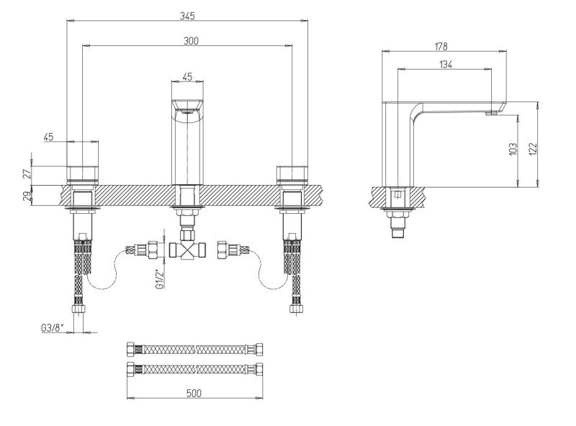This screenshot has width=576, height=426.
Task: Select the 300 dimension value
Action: point(190,42)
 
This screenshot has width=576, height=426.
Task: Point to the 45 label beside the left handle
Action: point(50,137)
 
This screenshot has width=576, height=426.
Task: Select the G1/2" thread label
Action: point(159,277)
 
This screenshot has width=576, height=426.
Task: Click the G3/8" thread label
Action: point(53,327)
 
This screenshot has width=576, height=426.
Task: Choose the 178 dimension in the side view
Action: point(441,46)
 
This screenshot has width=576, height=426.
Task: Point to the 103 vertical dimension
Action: point(513,149)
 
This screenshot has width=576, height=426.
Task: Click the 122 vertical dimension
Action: point(533,148)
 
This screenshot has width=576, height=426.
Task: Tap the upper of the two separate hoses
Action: point(194,349)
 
